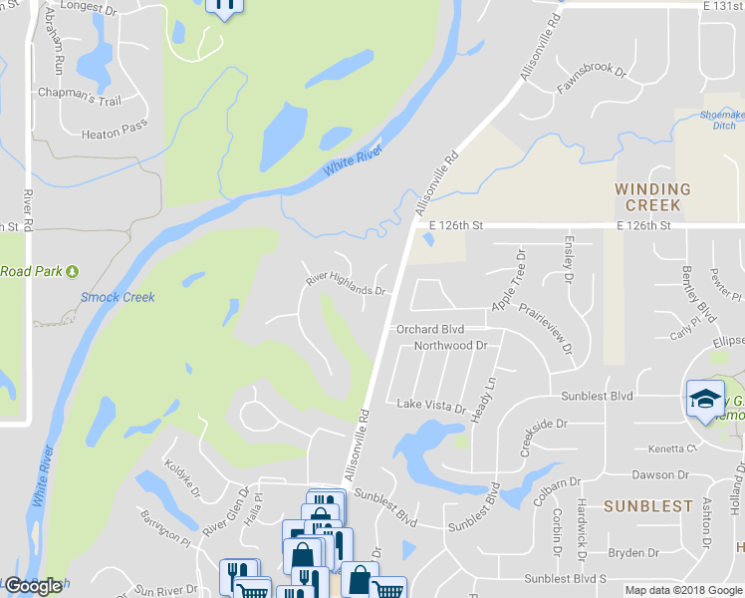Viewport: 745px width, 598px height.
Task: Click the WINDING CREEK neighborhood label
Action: coord(652,196)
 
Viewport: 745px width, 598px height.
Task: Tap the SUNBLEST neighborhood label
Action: coord(647,506)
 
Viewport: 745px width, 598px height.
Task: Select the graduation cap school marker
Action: coord(704,400)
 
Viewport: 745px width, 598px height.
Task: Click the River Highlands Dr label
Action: coord(345,285)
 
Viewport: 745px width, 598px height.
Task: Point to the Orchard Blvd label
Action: coord(430,328)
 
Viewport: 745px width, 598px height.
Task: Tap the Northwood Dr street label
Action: coord(450,346)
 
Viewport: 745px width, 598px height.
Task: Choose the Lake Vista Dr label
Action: coord(431,407)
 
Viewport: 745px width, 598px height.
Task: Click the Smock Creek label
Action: coord(118,297)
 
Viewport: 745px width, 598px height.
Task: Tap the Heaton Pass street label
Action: coord(115,132)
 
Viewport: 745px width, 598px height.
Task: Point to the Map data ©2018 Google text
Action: coord(684,590)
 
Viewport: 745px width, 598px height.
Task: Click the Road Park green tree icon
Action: coord(72,271)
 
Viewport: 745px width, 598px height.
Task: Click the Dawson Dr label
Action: coord(660,475)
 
